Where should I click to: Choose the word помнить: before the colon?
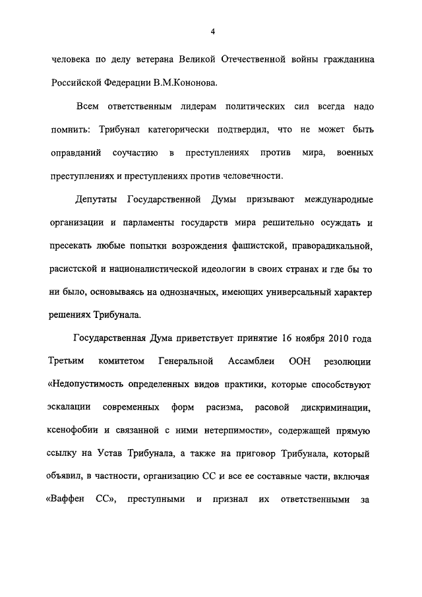pyautogui.click(x=71, y=129)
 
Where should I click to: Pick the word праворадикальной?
pyautogui.click(x=334, y=246)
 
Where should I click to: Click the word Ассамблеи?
pyautogui.click(x=246, y=361)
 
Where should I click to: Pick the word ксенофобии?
pyautogui.click(x=74, y=431)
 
